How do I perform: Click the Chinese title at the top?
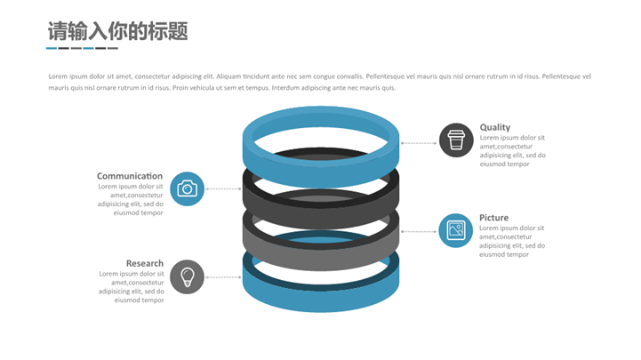pos(117,32)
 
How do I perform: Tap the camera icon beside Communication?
pos(187,188)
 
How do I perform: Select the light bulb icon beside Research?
pos(187,277)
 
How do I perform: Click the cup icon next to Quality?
pos(456,140)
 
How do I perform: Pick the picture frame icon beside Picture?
pos(456,230)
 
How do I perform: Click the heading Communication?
pos(130,176)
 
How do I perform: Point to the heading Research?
pos(145,263)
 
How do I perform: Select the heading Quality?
pos(495,127)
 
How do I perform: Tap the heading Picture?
pos(494,218)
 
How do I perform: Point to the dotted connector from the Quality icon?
pos(419,142)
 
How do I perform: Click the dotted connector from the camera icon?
pos(223,189)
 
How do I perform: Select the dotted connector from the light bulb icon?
pos(223,277)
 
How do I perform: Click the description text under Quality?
pos(512,151)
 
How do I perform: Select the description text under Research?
pos(132,286)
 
